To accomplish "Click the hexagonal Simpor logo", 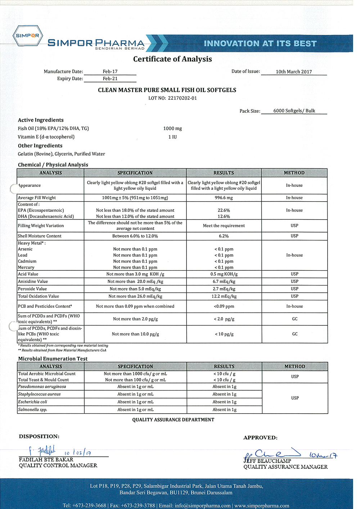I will tap(28, 36).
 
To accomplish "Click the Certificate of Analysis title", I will tap(172, 59).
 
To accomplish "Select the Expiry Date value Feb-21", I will tap(110, 78).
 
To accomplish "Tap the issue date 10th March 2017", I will tap(294, 72).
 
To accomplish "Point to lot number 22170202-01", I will tap(182, 98).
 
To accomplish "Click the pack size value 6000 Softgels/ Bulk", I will tap(294, 111).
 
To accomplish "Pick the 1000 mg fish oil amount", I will tap(172, 129).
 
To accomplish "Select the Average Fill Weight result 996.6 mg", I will tap(224, 198).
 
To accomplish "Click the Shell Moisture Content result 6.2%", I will tap(224, 236).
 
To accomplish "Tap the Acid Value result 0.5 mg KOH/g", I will tap(224, 274).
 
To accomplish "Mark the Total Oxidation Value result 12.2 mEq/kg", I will tap(224, 296).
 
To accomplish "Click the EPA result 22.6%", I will tap(224, 210).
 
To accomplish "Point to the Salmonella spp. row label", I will tap(33, 410).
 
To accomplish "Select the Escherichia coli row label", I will tap(33, 402).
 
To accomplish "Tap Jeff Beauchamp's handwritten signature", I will tap(272, 454).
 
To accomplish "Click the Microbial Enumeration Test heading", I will tap(53, 359).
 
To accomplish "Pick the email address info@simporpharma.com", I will tap(203, 505).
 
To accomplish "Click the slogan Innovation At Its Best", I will tap(260, 44).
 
